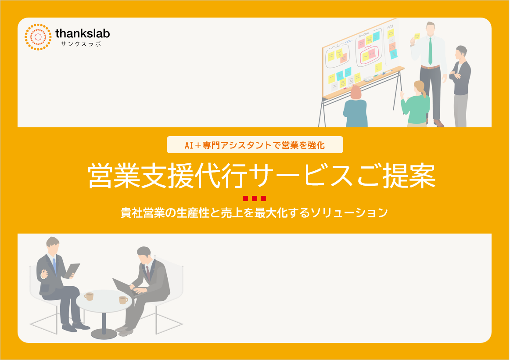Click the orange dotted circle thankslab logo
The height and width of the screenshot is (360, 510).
(x=38, y=37)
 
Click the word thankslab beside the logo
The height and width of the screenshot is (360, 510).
(x=83, y=33)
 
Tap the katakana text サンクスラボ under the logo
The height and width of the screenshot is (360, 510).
(x=81, y=44)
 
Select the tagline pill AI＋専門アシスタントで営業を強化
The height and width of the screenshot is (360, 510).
(x=255, y=145)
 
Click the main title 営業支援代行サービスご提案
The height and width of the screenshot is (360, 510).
(x=262, y=176)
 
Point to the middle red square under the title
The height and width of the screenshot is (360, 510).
(x=255, y=198)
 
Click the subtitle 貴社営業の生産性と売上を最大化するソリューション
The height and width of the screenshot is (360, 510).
(x=255, y=212)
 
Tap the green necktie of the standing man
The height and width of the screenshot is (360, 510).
(x=430, y=51)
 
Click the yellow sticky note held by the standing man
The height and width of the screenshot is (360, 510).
(x=417, y=36)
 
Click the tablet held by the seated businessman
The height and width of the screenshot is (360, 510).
(x=72, y=270)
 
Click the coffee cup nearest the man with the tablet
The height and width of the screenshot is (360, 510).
(x=89, y=296)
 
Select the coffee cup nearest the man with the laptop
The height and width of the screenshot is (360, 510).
(x=123, y=300)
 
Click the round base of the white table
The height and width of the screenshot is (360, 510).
(x=104, y=334)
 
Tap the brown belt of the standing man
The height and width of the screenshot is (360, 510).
(x=430, y=67)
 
